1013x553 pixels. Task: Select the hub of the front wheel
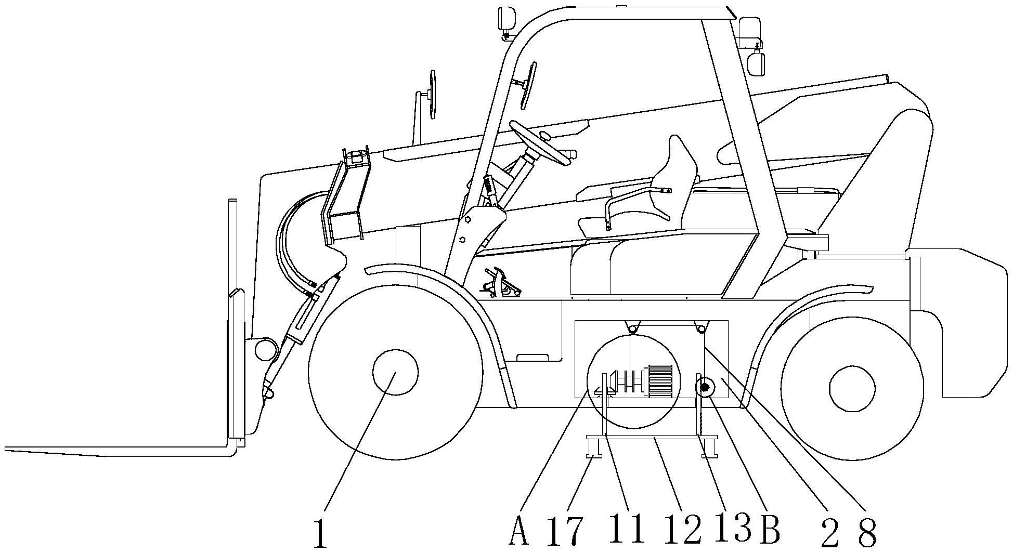point(395,372)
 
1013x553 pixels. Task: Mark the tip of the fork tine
point(10,449)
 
